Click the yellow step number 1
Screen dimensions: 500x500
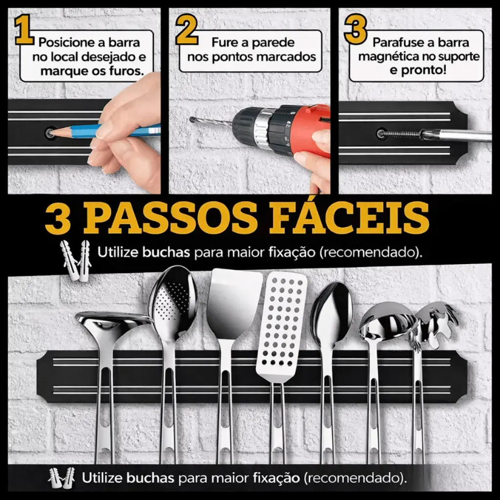click(x=24, y=30)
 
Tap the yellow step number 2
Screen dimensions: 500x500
click(x=187, y=30)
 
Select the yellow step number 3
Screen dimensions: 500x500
click(x=355, y=30)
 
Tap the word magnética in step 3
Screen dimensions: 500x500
click(x=387, y=57)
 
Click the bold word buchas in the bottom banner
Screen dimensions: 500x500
click(x=150, y=478)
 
